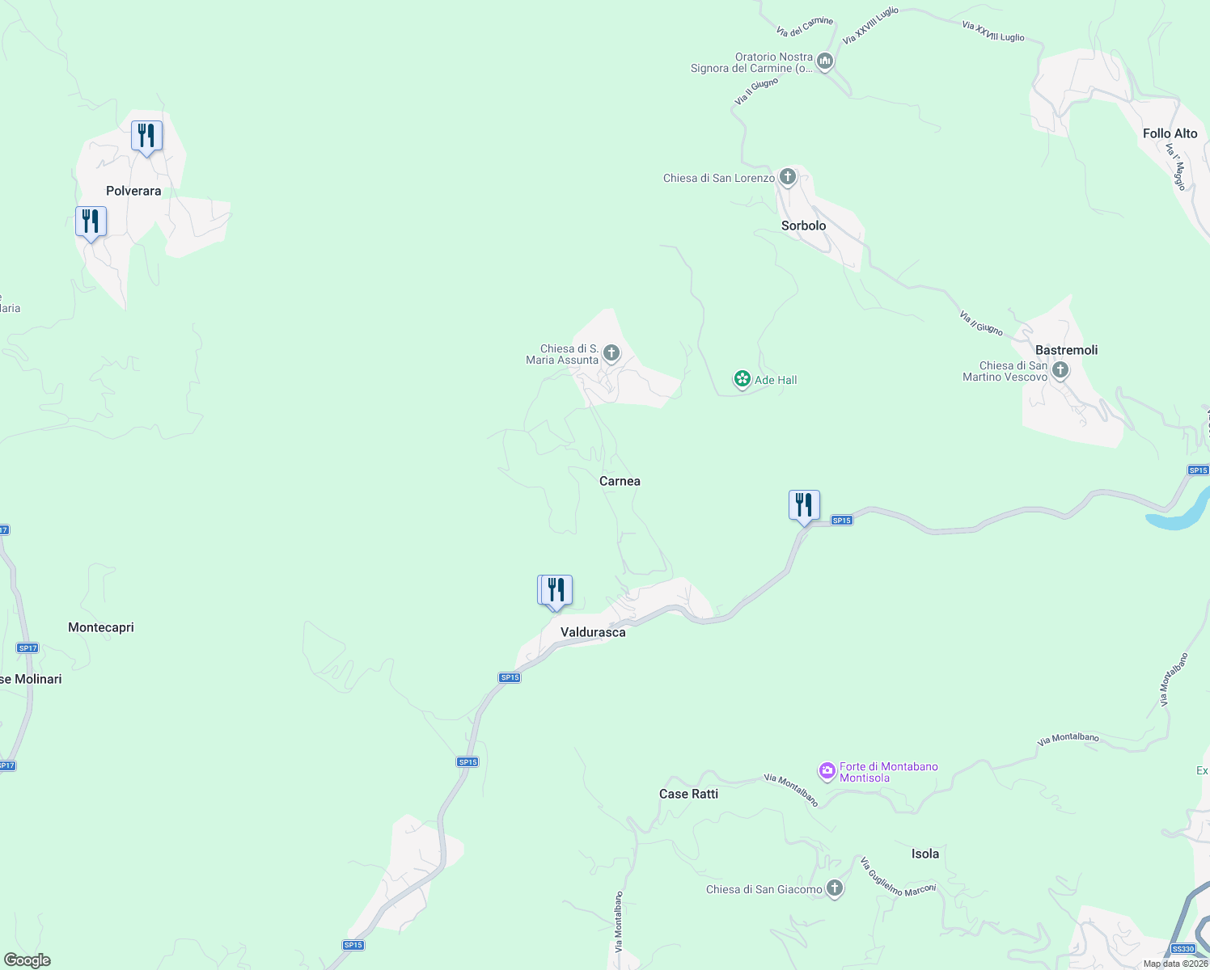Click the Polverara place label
click(133, 191)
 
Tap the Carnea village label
click(620, 481)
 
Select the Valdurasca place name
click(593, 632)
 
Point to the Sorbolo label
click(803, 226)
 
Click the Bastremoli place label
click(1066, 350)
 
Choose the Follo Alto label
click(1170, 133)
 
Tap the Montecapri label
click(101, 627)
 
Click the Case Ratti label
click(688, 794)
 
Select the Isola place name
click(925, 854)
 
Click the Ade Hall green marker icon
click(742, 379)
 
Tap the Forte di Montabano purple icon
click(827, 772)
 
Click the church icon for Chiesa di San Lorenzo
click(788, 177)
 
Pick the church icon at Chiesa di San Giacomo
click(835, 889)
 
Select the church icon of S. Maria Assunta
click(611, 353)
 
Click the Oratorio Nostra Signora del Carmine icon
click(825, 61)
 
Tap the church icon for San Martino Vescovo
click(1060, 371)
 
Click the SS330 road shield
click(1182, 949)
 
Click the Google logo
click(27, 960)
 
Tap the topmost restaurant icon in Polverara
click(146, 135)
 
